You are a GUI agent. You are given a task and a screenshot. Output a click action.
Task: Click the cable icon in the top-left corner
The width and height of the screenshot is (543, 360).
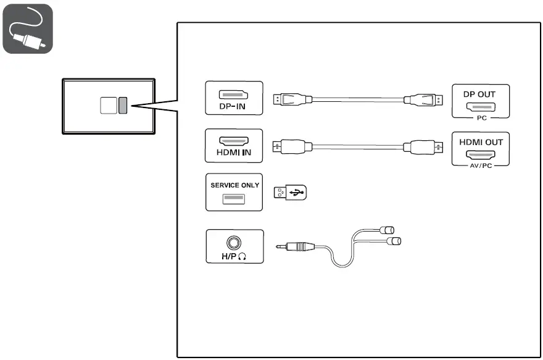(x=28, y=28)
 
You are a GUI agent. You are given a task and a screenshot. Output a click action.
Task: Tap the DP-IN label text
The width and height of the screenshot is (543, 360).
(x=234, y=106)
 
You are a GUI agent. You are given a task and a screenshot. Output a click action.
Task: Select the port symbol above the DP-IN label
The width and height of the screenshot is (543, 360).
(x=234, y=94)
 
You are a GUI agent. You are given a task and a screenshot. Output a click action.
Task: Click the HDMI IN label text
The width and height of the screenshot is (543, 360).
(x=234, y=153)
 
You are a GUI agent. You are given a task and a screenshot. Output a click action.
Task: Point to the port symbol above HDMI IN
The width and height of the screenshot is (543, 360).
(x=234, y=141)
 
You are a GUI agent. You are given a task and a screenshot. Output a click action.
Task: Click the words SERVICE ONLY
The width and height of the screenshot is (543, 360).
(x=234, y=185)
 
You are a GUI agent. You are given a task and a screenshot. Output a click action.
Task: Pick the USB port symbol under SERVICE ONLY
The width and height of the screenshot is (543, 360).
(x=234, y=198)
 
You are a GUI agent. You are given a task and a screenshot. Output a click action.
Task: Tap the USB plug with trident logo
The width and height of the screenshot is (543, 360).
(x=289, y=193)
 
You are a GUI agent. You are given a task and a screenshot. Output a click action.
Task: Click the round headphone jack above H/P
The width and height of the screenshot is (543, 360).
(x=234, y=242)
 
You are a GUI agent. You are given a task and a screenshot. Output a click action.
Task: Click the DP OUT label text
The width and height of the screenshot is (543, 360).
(x=479, y=94)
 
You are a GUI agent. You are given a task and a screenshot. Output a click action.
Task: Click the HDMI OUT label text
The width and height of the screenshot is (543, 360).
(x=481, y=141)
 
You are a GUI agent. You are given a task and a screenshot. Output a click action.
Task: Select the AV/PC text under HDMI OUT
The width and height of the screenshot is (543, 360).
(x=481, y=165)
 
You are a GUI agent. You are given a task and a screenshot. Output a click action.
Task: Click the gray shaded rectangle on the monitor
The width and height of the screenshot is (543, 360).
(x=123, y=106)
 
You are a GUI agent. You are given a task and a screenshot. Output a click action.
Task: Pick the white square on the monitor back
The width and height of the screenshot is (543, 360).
(x=108, y=106)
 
